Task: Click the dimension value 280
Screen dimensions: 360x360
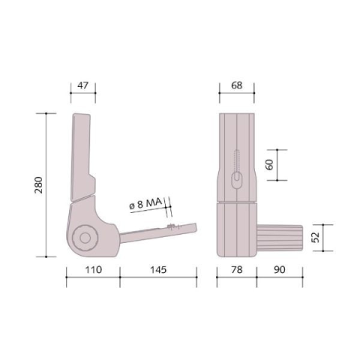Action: point(39,185)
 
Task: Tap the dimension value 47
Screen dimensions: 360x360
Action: point(82,85)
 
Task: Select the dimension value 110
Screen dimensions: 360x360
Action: point(94,270)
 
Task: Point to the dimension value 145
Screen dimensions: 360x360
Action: point(158,270)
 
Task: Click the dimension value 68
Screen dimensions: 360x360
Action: point(237,85)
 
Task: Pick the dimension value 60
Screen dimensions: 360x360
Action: point(269,164)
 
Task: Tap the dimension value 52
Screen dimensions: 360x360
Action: point(316,238)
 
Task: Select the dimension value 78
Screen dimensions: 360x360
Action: point(237,270)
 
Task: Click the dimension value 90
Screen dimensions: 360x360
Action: point(280,270)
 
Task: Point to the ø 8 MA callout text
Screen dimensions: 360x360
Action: point(145,204)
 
